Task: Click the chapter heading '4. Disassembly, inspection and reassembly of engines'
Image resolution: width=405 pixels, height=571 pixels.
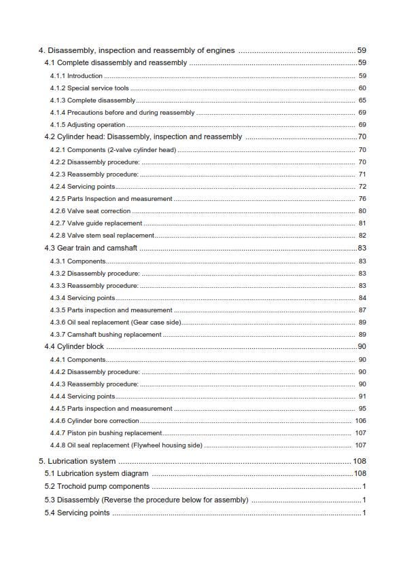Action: click(x=137, y=50)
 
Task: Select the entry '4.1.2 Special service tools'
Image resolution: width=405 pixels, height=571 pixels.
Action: click(x=89, y=88)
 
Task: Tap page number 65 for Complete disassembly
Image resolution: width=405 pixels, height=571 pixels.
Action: click(x=362, y=100)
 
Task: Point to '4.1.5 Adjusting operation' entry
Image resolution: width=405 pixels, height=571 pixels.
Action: click(x=88, y=125)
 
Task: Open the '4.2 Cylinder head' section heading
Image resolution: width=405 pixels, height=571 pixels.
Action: click(x=143, y=136)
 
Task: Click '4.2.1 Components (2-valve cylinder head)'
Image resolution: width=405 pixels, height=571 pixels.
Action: click(x=113, y=150)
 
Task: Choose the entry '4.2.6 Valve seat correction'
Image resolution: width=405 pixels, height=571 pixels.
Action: click(x=90, y=211)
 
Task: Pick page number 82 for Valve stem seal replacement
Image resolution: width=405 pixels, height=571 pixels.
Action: click(x=362, y=236)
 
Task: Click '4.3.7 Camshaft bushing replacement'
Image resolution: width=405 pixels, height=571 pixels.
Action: click(x=105, y=335)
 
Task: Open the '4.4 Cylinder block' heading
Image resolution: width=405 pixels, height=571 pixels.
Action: click(x=74, y=346)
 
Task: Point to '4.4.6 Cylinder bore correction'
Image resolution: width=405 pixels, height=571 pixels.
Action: click(x=94, y=421)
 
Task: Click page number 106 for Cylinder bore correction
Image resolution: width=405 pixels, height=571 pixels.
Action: click(x=360, y=421)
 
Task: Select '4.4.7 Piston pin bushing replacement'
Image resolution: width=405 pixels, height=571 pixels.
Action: click(x=106, y=433)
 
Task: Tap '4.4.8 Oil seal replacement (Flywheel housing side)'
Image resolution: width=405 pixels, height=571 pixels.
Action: click(x=126, y=445)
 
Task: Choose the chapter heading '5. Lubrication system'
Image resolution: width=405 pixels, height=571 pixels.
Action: click(x=77, y=461)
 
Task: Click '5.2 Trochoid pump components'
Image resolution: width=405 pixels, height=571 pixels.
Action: click(x=97, y=486)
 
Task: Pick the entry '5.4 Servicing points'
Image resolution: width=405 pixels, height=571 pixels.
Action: click(x=77, y=513)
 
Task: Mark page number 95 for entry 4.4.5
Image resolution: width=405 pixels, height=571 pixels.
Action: click(x=362, y=409)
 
